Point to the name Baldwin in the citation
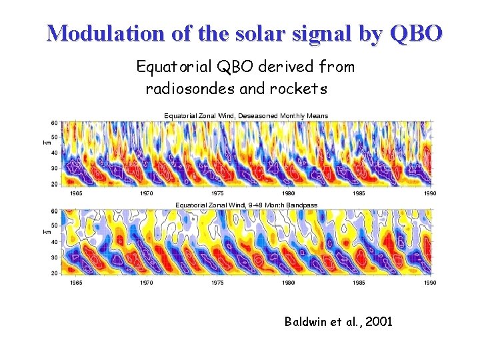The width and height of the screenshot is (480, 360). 307,322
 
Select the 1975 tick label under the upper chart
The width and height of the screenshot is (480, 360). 217,193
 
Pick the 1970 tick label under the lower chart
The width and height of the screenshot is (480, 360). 146,283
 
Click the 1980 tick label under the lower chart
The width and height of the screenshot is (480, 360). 287,283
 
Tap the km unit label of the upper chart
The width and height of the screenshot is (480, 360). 47,142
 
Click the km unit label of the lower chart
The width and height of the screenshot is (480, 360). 47,231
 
